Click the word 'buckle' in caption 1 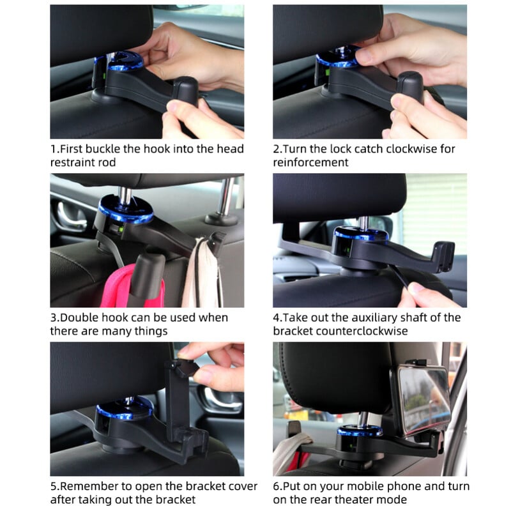coord(108,149)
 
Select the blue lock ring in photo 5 coord(124,410)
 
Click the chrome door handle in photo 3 coord(71,217)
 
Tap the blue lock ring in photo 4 coord(362,234)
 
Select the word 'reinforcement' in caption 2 coord(310,162)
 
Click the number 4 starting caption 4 coord(277,317)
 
